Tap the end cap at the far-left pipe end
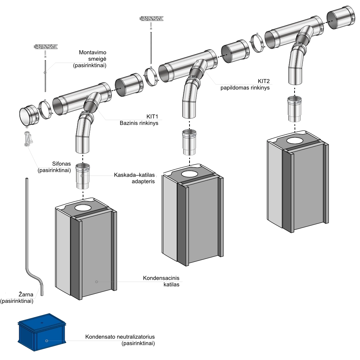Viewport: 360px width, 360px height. tap(28, 115)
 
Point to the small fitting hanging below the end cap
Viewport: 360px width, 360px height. tap(28, 138)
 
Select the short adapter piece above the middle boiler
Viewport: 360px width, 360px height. tap(189, 142)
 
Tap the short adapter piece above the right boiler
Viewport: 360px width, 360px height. tap(296, 109)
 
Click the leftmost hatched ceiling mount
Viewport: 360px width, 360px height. tap(46, 46)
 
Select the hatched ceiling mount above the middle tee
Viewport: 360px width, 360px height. tap(151, 18)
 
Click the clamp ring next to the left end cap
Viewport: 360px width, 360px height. tap(45, 109)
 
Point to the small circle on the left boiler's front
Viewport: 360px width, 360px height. tap(96, 282)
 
